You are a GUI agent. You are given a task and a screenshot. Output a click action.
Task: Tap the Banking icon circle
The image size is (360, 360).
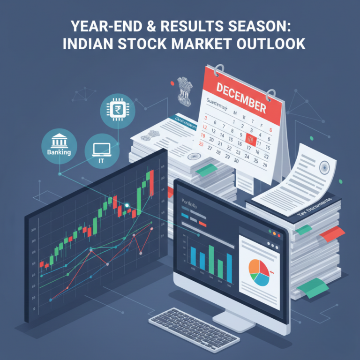click(59, 143)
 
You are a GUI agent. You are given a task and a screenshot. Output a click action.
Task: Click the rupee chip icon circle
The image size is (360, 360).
click(118, 111)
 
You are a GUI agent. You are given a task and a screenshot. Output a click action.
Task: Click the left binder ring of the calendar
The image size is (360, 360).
click(217, 72)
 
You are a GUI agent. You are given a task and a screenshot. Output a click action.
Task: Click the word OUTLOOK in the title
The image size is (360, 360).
click(269, 44)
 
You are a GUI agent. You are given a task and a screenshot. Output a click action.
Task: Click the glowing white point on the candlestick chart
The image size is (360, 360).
click(127, 204)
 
